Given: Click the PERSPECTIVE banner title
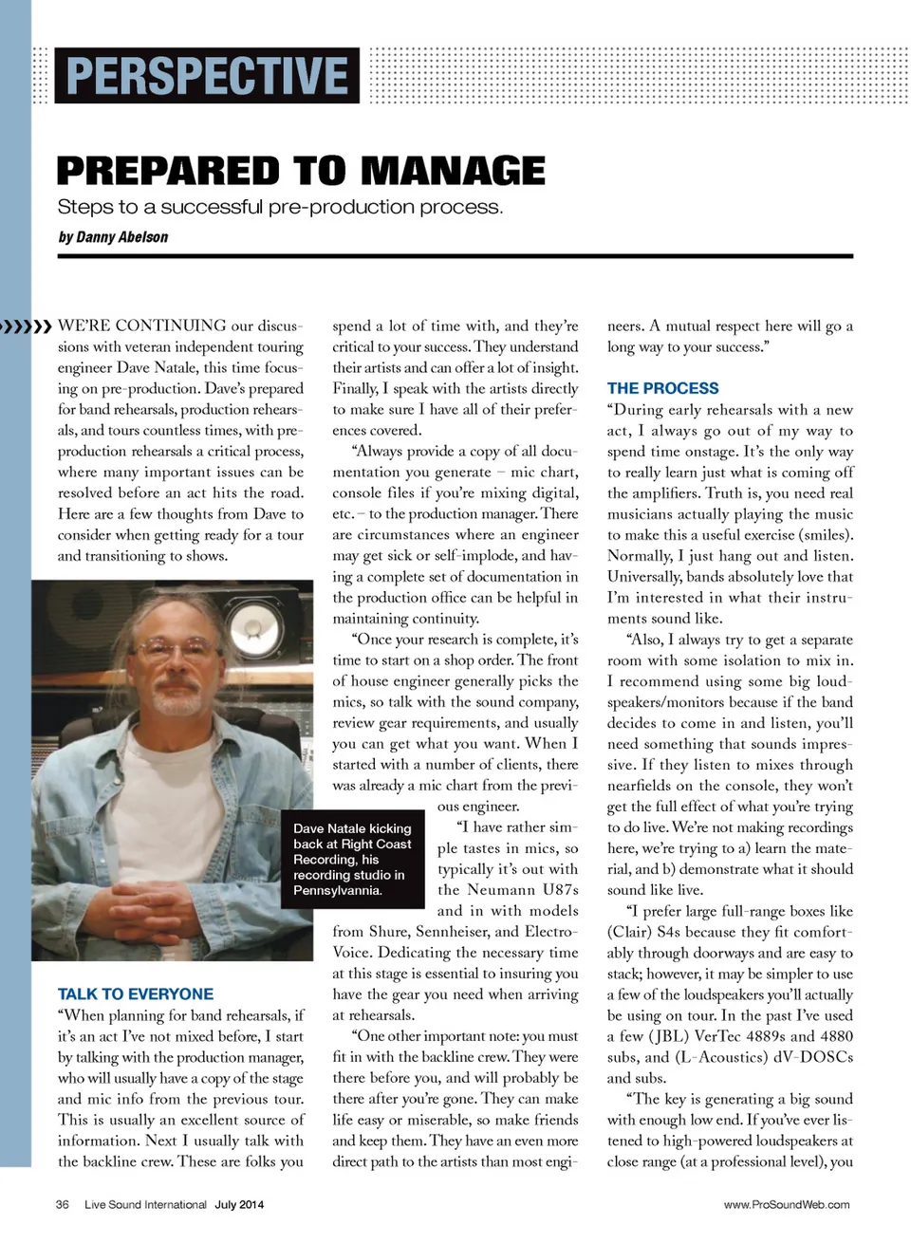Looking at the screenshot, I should pos(207,76).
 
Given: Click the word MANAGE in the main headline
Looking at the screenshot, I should pos(453,172).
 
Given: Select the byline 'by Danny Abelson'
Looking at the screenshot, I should pos(113,237).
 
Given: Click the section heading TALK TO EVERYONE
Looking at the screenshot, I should pos(136,994).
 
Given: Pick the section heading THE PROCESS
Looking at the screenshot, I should pos(662,388).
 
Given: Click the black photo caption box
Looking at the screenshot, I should pos(352,860).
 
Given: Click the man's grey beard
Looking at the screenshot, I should pos(179,699).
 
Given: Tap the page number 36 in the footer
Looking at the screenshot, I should pos(63,1205).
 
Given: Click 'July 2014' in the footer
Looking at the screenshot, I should pos(239,1205).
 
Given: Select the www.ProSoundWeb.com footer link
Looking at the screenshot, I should pos(787,1205).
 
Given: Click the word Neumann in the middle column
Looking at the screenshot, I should pos(499,890).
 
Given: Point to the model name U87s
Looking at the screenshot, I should pos(560,890).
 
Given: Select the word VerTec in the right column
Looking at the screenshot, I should pos(717,1036).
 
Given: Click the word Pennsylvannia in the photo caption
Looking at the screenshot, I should pos(338,890).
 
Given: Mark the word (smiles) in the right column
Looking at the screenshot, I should pos(826,535).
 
